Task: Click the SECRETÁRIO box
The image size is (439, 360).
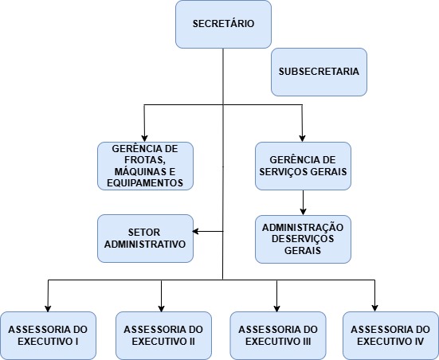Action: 223,25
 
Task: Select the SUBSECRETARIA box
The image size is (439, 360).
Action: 319,72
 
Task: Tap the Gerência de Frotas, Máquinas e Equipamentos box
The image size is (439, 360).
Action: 145,166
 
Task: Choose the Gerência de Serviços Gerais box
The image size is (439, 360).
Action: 303,166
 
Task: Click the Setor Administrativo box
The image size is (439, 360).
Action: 145,238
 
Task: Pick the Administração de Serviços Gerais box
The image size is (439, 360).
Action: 303,240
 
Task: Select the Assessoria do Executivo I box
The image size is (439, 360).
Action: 48,335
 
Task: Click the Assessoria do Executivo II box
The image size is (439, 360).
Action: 163,335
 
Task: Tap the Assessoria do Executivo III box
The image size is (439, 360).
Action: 278,335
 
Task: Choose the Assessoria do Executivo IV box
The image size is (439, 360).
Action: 390,335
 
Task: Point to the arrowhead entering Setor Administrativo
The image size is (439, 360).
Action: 196,232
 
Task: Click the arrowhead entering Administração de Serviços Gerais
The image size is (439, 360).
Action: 303,212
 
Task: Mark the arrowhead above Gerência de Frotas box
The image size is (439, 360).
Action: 144,139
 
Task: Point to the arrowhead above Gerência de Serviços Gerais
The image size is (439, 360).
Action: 302,139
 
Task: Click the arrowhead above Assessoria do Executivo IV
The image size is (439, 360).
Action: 375,308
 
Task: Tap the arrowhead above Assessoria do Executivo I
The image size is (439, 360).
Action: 48,308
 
